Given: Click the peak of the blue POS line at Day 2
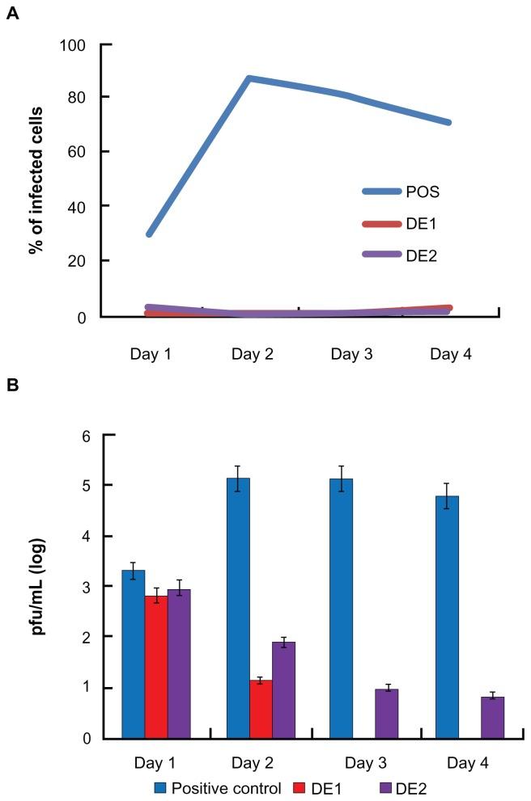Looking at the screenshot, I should tap(249, 78).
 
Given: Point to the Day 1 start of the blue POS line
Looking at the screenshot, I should tap(150, 234).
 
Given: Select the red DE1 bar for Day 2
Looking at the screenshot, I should tap(261, 709).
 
